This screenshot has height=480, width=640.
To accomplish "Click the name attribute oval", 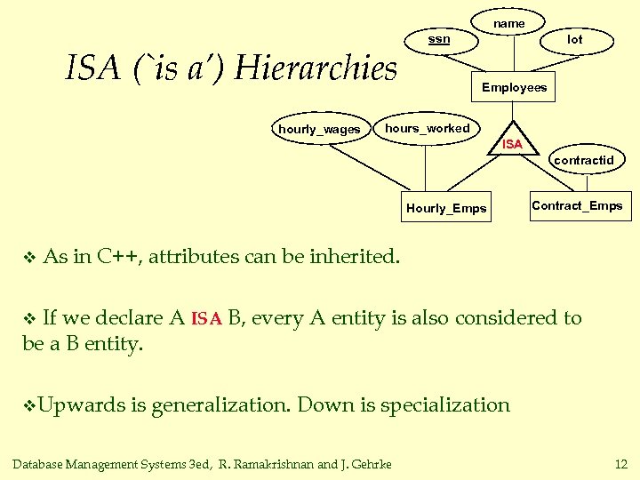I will (509, 23).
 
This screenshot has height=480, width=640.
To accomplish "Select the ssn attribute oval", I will (439, 39).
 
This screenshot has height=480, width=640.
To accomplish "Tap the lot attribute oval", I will (575, 39).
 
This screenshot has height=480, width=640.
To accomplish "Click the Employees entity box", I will (514, 87).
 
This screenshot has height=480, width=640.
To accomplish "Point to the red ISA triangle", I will (512, 141).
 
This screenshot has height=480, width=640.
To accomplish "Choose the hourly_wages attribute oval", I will (319, 130).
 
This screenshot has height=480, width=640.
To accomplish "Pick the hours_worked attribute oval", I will (428, 128).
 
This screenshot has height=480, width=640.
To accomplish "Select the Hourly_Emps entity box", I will (446, 208).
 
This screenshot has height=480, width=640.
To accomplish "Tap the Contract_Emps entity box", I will (577, 206).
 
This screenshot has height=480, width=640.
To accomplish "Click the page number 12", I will (620, 462).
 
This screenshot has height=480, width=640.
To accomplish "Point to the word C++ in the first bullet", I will (117, 257).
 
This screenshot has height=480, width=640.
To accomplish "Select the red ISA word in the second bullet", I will (206, 318).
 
